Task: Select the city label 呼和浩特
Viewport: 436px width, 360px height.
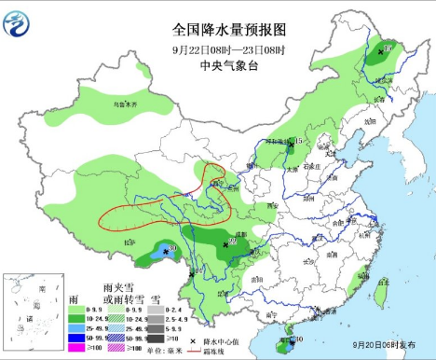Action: coord(276,143)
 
